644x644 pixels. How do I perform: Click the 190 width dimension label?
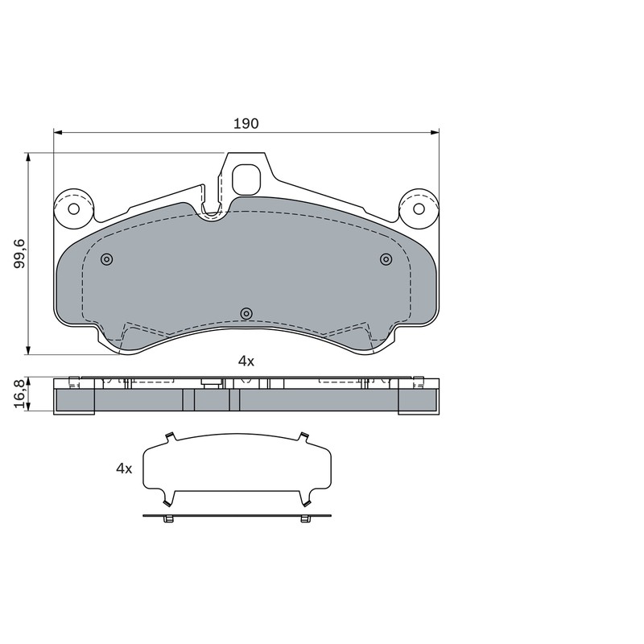point(246,124)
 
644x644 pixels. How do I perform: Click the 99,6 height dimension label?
point(19,254)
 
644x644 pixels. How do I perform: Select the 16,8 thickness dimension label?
point(19,394)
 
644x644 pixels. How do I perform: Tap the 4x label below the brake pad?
point(246,361)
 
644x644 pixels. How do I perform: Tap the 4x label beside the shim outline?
point(124,469)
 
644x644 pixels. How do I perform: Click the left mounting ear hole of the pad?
point(74,208)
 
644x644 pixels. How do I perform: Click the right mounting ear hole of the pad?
point(419,208)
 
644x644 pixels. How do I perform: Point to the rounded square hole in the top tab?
point(246,180)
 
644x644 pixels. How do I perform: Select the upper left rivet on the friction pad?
point(107,259)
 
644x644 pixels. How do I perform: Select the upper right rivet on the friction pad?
point(386,259)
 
